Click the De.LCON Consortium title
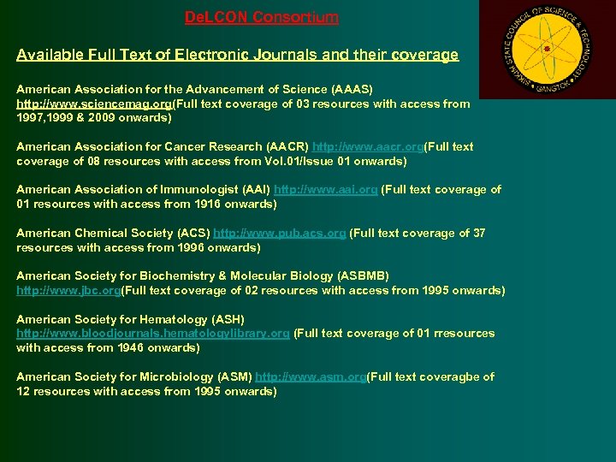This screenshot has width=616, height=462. click(x=262, y=17)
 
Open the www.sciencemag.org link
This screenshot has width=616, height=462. click(x=94, y=104)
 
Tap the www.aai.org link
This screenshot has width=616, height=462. click(x=325, y=189)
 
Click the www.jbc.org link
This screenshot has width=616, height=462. click(x=68, y=290)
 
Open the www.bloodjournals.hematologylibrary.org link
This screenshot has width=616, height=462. click(x=152, y=333)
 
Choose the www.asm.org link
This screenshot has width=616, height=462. click(x=311, y=376)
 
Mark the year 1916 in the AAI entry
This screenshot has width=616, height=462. click(x=202, y=204)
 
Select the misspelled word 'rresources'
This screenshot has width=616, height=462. click(x=464, y=333)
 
